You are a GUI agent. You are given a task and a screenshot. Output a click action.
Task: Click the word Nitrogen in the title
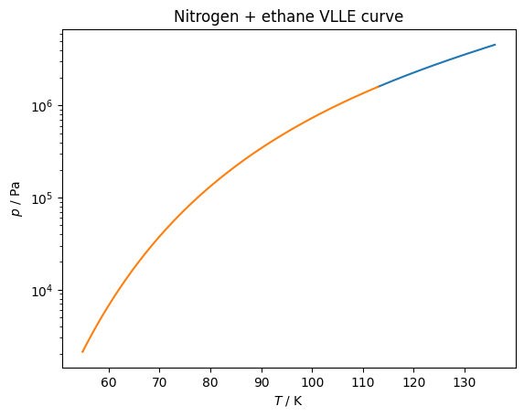[x=206, y=16]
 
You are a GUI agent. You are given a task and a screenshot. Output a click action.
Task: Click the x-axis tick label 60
[x=109, y=382]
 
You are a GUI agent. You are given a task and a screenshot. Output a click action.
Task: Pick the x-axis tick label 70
[x=159, y=382]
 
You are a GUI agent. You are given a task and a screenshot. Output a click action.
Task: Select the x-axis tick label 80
[x=210, y=382]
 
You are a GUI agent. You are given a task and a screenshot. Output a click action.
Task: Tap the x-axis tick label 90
[x=262, y=382]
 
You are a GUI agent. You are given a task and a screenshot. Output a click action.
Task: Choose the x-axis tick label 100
[x=312, y=382]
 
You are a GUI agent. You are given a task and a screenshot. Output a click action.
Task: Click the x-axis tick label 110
[x=363, y=382]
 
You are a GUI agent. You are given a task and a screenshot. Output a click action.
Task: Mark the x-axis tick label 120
[x=413, y=382]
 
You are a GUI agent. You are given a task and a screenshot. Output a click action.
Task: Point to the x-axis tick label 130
[x=465, y=382]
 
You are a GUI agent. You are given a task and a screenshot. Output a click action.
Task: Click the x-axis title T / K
[x=288, y=401]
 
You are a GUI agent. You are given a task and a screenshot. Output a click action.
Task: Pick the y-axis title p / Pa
[x=16, y=199]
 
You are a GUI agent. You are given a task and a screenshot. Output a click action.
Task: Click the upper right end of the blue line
[x=496, y=45]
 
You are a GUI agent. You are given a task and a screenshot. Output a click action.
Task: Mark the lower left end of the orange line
[x=82, y=352]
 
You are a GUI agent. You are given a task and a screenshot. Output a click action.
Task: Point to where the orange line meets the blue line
[x=379, y=87]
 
